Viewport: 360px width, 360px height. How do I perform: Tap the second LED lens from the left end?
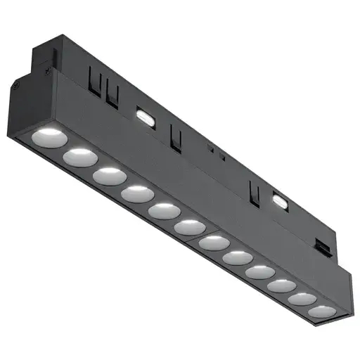[79, 157]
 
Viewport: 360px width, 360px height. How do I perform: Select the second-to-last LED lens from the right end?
[302, 298]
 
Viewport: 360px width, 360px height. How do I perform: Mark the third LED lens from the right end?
[281, 285]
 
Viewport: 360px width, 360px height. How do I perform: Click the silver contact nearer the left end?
[144, 116]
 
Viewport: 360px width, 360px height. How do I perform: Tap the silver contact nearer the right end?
[280, 201]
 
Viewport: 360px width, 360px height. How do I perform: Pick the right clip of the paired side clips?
[112, 97]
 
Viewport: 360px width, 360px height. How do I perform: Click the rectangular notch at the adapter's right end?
[323, 246]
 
